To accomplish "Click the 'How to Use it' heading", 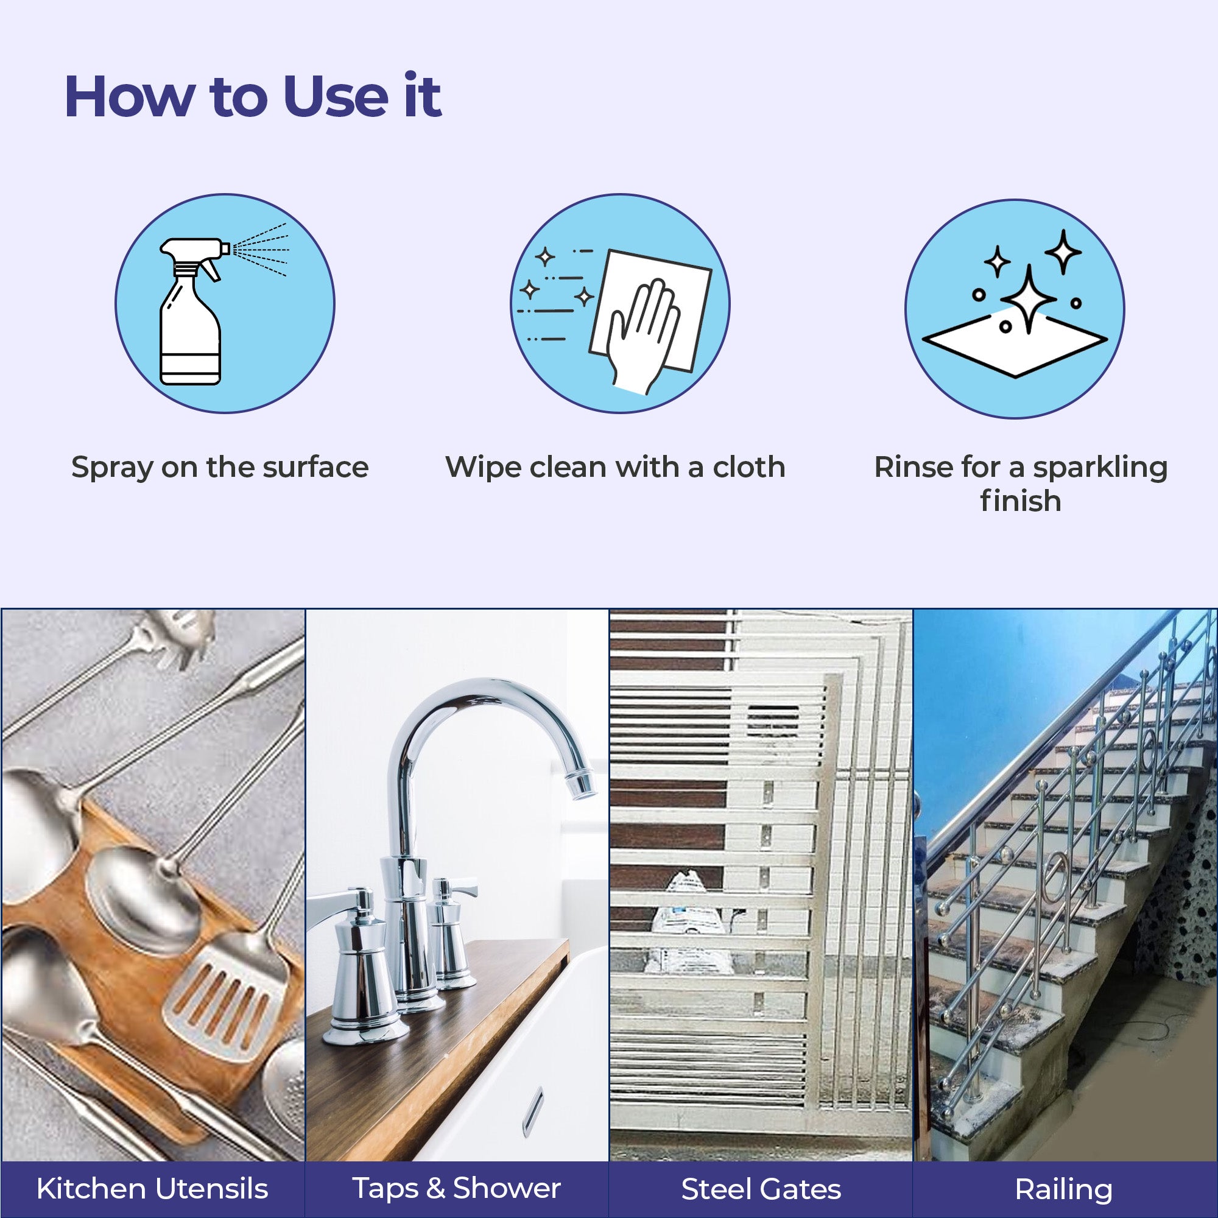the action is point(253,96).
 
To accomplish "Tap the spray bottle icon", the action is point(191,311).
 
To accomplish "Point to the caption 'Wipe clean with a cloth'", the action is point(615,467).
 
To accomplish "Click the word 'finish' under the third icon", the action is point(1021,501).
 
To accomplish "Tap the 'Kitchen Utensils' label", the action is point(153,1188).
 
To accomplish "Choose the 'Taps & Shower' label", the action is point(456,1188).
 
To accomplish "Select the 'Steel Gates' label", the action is point(761,1189).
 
